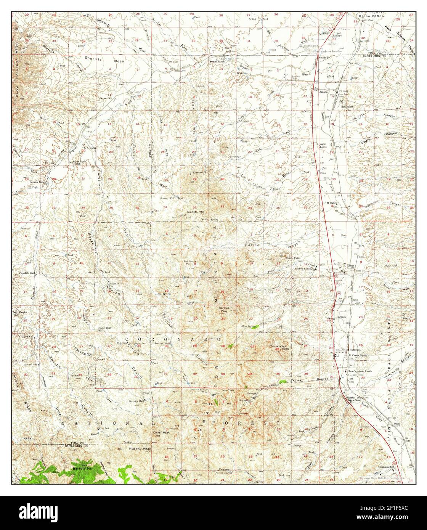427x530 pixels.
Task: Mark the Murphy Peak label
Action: [x=141, y=449]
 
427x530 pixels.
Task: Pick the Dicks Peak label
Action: [x=161, y=432]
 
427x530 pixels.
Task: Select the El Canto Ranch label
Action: [x=358, y=355]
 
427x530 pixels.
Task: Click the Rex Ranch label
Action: [x=348, y=107]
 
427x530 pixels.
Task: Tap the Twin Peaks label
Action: [x=19, y=312]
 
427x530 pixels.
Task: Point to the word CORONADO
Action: [x=173, y=339]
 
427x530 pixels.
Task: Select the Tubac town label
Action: [x=350, y=265]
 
